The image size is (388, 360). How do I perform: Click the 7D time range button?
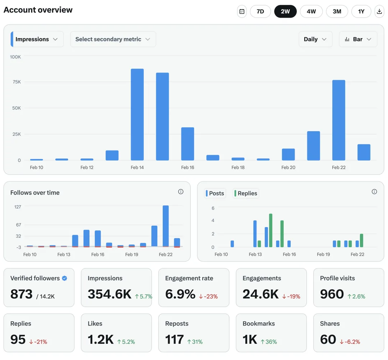[260, 11]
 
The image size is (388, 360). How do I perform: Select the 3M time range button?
[337, 11]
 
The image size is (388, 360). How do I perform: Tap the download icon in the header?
[379, 11]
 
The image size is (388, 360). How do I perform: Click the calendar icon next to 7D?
[242, 11]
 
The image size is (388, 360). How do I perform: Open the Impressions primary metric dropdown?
[37, 39]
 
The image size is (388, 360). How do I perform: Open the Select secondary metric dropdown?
[113, 39]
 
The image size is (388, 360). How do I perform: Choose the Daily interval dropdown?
[315, 39]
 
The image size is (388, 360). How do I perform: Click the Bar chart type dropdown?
[358, 39]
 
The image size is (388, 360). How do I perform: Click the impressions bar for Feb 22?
[338, 120]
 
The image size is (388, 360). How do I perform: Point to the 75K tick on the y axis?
[17, 82]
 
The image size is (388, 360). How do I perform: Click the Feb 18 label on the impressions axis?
[238, 167]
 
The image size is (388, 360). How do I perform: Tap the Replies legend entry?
[246, 193]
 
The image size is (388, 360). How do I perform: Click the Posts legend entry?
[215, 193]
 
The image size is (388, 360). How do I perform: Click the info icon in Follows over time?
[181, 192]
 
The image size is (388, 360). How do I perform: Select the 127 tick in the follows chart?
[18, 207]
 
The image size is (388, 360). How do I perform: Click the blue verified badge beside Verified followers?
[64, 278]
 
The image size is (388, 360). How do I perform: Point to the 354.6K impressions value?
[110, 294]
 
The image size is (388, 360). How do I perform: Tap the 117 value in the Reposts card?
[174, 340]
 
